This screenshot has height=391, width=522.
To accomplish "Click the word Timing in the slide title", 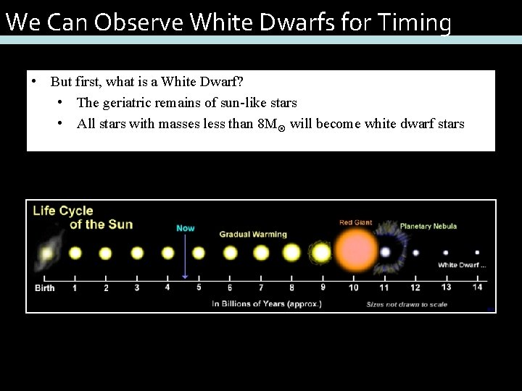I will pyautogui.click(x=416, y=22).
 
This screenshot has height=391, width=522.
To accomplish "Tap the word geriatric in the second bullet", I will pyautogui.click(x=138, y=103).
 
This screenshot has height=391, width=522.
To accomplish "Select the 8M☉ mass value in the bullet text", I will pyautogui.click(x=272, y=124).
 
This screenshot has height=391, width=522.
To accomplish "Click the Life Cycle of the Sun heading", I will pyautogui.click(x=83, y=217).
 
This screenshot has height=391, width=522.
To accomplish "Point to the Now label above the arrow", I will pyautogui.click(x=186, y=228).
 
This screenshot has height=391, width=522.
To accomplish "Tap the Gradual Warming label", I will pyautogui.click(x=253, y=234).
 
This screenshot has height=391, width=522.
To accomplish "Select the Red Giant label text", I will pyautogui.click(x=355, y=222).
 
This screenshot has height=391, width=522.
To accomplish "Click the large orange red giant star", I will pyautogui.click(x=355, y=251).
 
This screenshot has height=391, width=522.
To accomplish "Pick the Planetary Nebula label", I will pyautogui.click(x=428, y=226).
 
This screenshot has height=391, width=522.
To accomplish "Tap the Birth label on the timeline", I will pyautogui.click(x=45, y=287).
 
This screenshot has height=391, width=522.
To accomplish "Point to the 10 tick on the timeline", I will pyautogui.click(x=353, y=287).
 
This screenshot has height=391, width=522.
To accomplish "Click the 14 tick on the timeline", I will pyautogui.click(x=476, y=287).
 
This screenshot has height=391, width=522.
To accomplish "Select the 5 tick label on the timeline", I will pyautogui.click(x=198, y=287).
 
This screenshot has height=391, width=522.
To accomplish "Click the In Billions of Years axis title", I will pyautogui.click(x=268, y=303).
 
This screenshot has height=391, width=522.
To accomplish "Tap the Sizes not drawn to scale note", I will pyautogui.click(x=407, y=304).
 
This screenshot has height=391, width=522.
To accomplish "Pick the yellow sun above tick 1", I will pyautogui.click(x=75, y=253).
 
